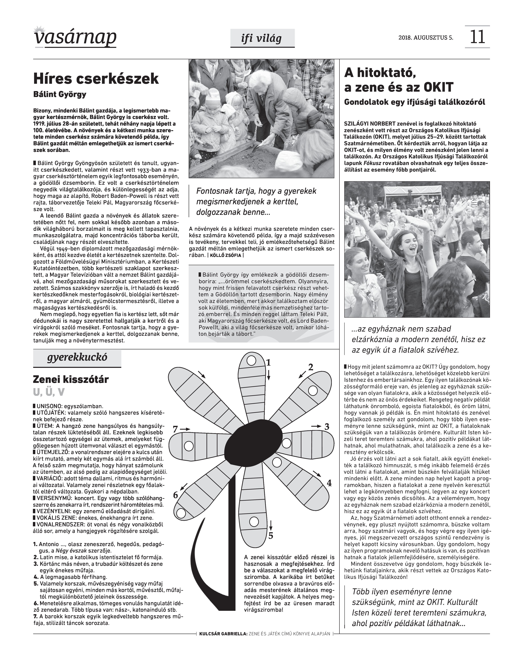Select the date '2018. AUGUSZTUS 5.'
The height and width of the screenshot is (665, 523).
tap(426, 38)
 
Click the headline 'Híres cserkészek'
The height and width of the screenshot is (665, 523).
tap(96, 79)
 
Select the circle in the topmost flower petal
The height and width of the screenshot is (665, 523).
tap(251, 361)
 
